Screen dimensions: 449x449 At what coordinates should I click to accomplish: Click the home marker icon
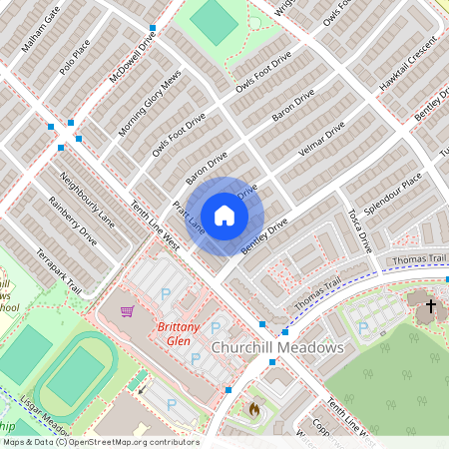coord(224,215)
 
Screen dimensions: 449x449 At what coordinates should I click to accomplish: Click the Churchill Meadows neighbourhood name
coord(277,347)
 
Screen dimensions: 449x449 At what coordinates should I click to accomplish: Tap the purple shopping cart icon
coord(127,311)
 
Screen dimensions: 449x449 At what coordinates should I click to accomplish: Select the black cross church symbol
coord(431,305)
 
